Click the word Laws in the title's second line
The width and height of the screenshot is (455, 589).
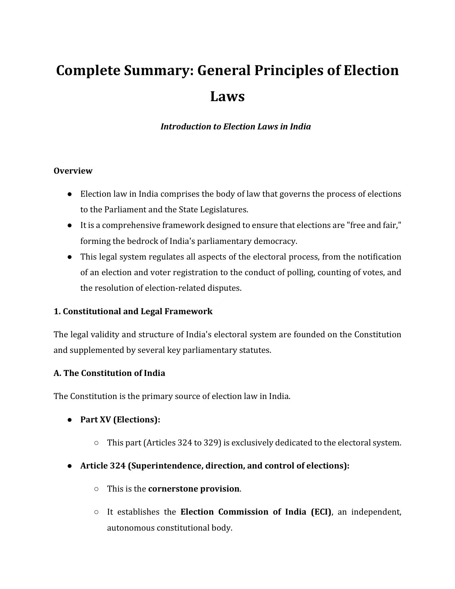pyautogui.click(x=227, y=96)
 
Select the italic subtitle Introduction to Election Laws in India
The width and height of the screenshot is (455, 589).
pyautogui.click(x=235, y=126)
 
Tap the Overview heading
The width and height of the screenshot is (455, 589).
pyautogui.click(x=73, y=171)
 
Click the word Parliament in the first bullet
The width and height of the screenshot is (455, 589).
pyautogui.click(x=125, y=209)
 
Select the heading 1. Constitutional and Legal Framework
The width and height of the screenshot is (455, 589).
pyautogui.click(x=133, y=311)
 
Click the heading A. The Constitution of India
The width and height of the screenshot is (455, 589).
pyautogui.click(x=109, y=373)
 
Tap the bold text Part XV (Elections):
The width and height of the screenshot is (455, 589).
pyautogui.click(x=120, y=419)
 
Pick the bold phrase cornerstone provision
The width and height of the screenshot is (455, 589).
pyautogui.click(x=193, y=489)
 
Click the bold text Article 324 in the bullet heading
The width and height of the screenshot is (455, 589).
pyautogui.click(x=103, y=466)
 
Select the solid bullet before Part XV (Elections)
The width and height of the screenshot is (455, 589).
pyautogui.click(x=70, y=419)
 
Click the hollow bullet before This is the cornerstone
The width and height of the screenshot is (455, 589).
pyautogui.click(x=96, y=489)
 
